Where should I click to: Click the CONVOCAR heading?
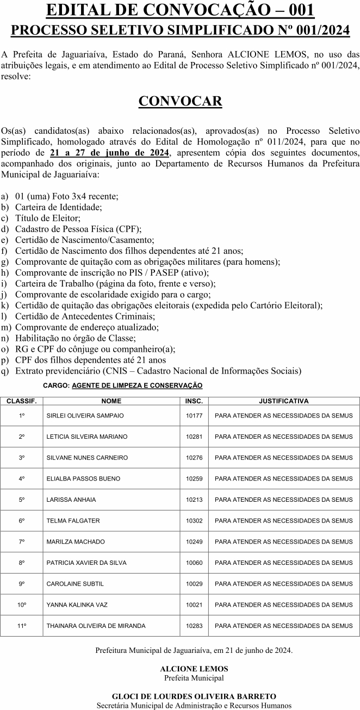tap(180, 102)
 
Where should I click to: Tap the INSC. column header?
tap(194, 401)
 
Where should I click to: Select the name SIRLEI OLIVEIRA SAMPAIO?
tap(85, 416)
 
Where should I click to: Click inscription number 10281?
tap(194, 437)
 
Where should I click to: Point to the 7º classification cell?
tap(22, 541)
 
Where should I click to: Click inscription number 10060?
tap(194, 563)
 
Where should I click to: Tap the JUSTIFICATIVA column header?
tap(283, 401)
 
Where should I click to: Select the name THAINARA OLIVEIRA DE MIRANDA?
tap(96, 626)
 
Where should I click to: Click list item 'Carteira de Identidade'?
tap(58, 207)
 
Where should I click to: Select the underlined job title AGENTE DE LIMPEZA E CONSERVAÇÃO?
tap(137, 385)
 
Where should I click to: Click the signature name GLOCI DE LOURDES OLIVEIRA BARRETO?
tap(194, 696)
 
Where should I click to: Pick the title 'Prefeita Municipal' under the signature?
tap(194, 678)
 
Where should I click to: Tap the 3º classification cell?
tap(22, 458)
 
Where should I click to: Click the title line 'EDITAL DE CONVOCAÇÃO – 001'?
tap(180, 10)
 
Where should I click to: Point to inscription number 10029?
tap(194, 584)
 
